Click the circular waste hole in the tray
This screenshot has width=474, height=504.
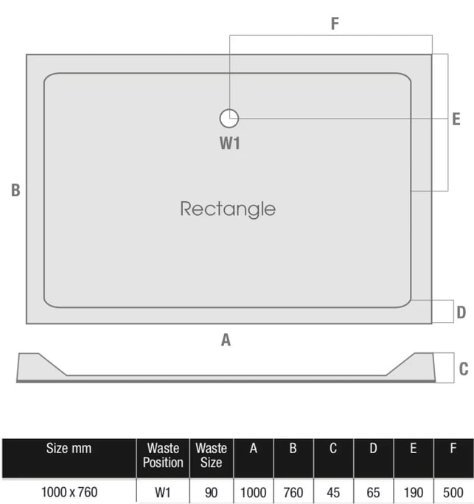click(x=229, y=119)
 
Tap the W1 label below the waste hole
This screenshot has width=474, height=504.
click(x=229, y=144)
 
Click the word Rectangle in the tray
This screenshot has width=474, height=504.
click(x=228, y=209)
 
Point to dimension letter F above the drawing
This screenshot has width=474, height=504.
click(x=335, y=24)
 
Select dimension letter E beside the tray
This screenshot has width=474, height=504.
click(x=456, y=119)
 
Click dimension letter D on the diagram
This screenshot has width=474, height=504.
click(x=461, y=312)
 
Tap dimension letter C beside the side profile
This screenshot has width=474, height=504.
click(x=464, y=369)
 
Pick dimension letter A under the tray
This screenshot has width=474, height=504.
click(x=226, y=340)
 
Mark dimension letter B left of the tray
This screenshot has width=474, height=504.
click(x=15, y=190)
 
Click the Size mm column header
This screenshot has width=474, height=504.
click(x=69, y=449)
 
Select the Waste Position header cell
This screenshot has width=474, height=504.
click(x=163, y=455)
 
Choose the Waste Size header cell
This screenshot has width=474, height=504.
click(x=212, y=455)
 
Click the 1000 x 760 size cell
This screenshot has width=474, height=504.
click(x=69, y=492)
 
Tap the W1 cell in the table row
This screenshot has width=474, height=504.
click(x=163, y=493)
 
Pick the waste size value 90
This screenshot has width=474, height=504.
click(x=211, y=493)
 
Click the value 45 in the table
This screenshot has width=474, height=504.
click(x=333, y=493)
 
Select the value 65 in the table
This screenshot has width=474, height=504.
click(x=373, y=493)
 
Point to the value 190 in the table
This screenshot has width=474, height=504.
click(x=414, y=493)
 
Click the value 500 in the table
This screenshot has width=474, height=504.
click(x=453, y=493)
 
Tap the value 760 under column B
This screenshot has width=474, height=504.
click(x=293, y=493)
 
